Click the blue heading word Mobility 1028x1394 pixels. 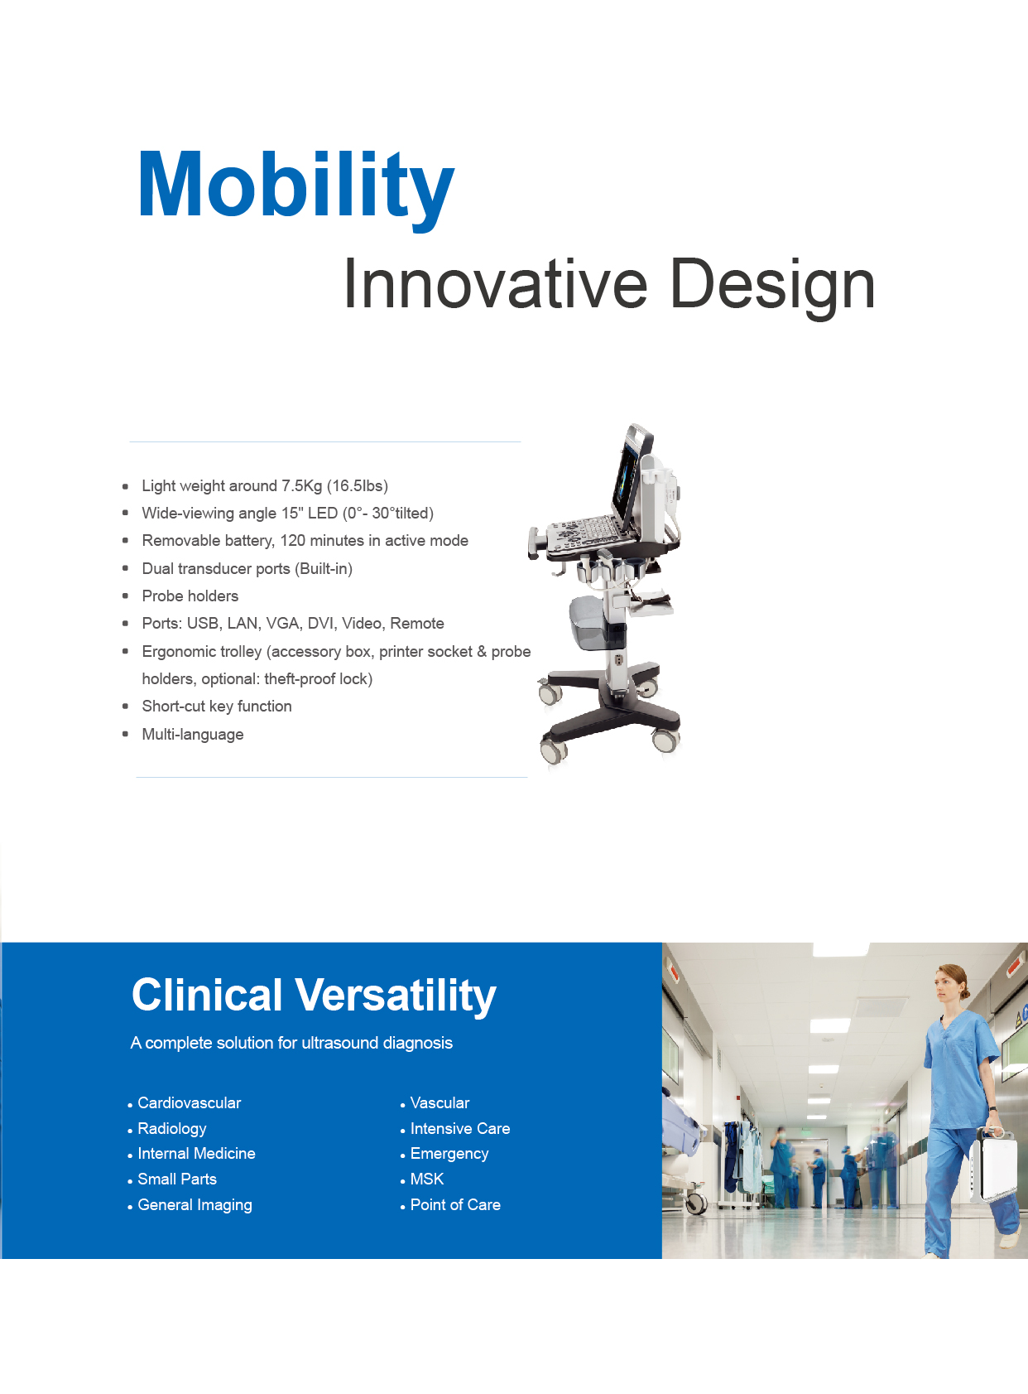[295, 188]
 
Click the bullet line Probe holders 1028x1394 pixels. [190, 596]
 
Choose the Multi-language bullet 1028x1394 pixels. [193, 734]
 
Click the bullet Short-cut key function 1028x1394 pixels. [217, 707]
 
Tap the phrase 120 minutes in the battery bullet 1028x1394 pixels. [326, 541]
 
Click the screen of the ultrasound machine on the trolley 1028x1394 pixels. [630, 479]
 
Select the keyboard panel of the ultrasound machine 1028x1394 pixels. [585, 532]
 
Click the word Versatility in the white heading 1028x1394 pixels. [396, 996]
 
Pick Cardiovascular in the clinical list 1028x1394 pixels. [189, 1103]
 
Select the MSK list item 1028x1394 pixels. [427, 1179]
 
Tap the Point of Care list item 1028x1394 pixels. [455, 1205]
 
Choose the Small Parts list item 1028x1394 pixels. [177, 1179]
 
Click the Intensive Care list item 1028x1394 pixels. [460, 1129]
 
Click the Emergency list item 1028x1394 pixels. [449, 1154]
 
